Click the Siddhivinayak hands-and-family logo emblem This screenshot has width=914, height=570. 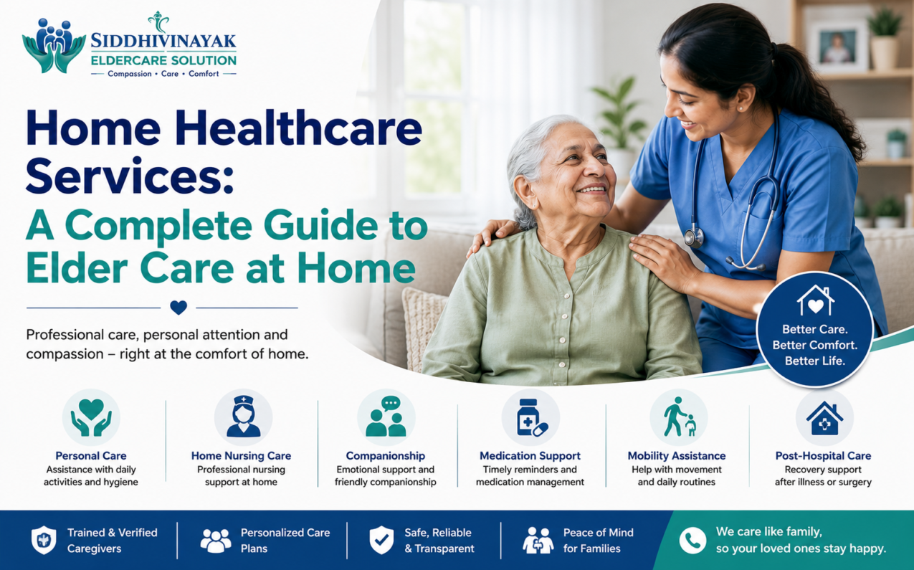pos(54,46)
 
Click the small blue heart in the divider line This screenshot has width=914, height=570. pos(178,308)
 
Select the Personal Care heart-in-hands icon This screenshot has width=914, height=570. pos(91,417)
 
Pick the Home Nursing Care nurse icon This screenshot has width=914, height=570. pos(243,417)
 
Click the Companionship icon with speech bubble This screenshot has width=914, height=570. pos(386,417)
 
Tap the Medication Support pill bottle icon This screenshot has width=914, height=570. pos(530,417)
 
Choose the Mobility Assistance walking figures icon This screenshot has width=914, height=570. pos(679,417)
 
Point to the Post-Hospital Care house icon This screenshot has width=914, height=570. pos(824,417)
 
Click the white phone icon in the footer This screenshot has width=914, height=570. pos(692,541)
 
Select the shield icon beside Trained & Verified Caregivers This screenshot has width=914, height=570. pos(44,540)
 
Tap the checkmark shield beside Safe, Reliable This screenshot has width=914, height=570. pos(381,540)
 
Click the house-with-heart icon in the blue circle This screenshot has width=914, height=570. pos(815,300)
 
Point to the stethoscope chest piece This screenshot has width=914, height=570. pos(694,237)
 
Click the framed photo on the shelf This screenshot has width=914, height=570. pos(838,47)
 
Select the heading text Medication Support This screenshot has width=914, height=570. pos(530,456)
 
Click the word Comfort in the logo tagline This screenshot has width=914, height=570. pos(204,74)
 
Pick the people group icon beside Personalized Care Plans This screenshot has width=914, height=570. pos(216,541)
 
